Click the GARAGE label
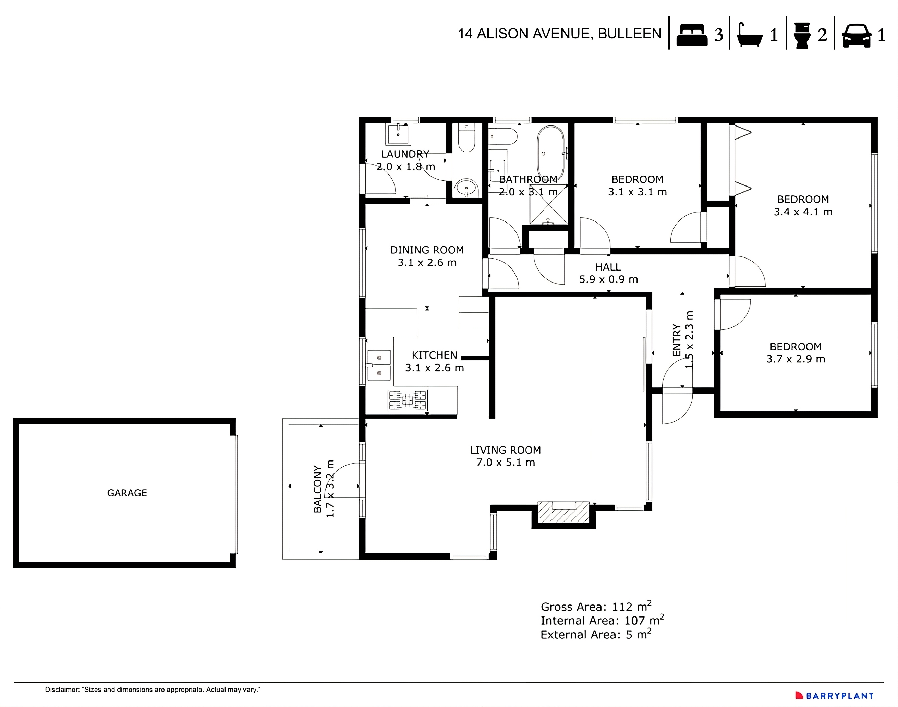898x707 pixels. coord(127,493)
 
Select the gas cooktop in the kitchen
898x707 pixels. coord(407,400)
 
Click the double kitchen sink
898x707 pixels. coord(379,366)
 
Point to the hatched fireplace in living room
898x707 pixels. coord(563,513)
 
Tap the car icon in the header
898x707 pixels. coord(856,36)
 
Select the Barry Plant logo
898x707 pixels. coord(834,696)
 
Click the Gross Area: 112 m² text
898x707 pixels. coord(596,607)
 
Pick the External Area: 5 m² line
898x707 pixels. coord(596,635)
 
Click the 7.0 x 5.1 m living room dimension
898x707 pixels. coord(505,463)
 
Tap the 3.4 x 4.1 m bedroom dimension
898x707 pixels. coord(803,212)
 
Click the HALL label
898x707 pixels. coord(608,267)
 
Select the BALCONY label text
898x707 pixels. coord(317,489)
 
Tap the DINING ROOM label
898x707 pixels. coord(427,250)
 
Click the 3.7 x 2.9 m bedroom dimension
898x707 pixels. coord(796,359)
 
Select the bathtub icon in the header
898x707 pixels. coord(750,36)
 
